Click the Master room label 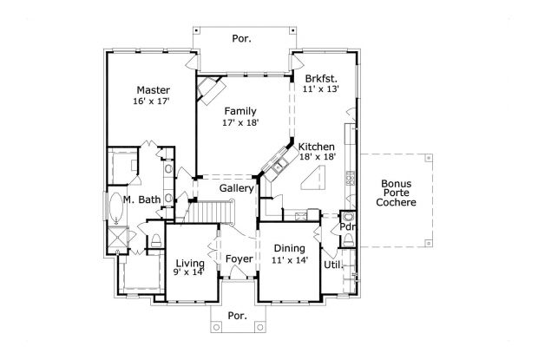click(x=153, y=89)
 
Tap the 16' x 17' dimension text click(x=151, y=101)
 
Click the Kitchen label click(x=317, y=148)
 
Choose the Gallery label click(x=236, y=188)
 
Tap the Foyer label click(x=239, y=259)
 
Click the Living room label click(x=190, y=263)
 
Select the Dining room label click(x=290, y=249)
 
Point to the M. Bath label click(x=142, y=200)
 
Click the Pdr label click(x=346, y=228)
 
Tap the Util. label click(x=332, y=265)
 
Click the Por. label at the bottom click(x=239, y=316)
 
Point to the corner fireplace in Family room click(x=211, y=88)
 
